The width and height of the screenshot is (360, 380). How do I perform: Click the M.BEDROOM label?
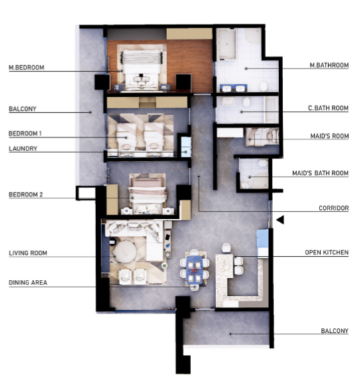[x=27, y=68]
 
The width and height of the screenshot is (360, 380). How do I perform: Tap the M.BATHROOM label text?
[x=330, y=65]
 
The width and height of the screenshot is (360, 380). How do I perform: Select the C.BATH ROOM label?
[x=328, y=108]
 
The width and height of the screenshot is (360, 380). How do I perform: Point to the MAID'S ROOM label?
[x=330, y=136]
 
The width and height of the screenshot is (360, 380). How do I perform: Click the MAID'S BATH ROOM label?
[x=320, y=173]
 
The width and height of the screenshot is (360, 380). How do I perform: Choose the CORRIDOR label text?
[x=333, y=208]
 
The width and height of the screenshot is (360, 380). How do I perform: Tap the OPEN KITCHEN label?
[x=327, y=253]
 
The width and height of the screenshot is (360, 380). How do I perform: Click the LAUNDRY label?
[x=23, y=149]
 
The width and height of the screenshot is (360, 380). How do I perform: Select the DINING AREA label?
[x=28, y=283]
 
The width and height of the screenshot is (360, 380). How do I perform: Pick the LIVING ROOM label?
[x=28, y=253]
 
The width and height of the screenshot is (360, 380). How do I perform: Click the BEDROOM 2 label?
[x=26, y=194]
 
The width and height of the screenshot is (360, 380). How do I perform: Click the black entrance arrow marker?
[x=280, y=220]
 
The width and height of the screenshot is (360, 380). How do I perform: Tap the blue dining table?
[x=195, y=269]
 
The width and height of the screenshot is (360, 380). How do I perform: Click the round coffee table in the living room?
[x=124, y=251]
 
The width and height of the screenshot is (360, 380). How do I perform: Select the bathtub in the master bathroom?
[x=226, y=44]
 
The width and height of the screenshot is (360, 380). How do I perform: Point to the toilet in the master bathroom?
[x=264, y=86]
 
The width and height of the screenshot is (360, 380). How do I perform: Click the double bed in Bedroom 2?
[x=148, y=194]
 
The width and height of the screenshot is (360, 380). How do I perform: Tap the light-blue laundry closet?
[x=186, y=147]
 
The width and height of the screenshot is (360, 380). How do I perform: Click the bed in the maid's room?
[x=263, y=137]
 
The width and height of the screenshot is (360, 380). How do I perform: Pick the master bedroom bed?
[x=142, y=70]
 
